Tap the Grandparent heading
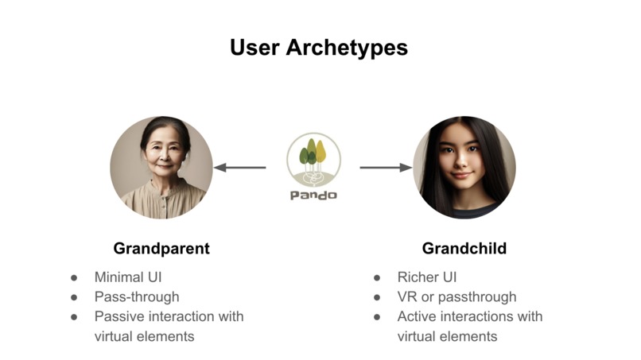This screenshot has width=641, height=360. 161,249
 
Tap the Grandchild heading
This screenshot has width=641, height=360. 464,249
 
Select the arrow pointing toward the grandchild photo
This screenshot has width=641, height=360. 386,168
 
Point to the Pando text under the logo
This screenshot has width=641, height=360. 313,195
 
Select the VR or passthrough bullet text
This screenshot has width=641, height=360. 456,296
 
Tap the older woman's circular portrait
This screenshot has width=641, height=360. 161,168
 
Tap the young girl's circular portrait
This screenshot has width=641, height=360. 464,168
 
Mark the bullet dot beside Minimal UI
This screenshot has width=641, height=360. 75,278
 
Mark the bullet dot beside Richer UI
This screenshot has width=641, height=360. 378,278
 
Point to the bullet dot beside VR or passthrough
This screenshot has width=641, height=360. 378,297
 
